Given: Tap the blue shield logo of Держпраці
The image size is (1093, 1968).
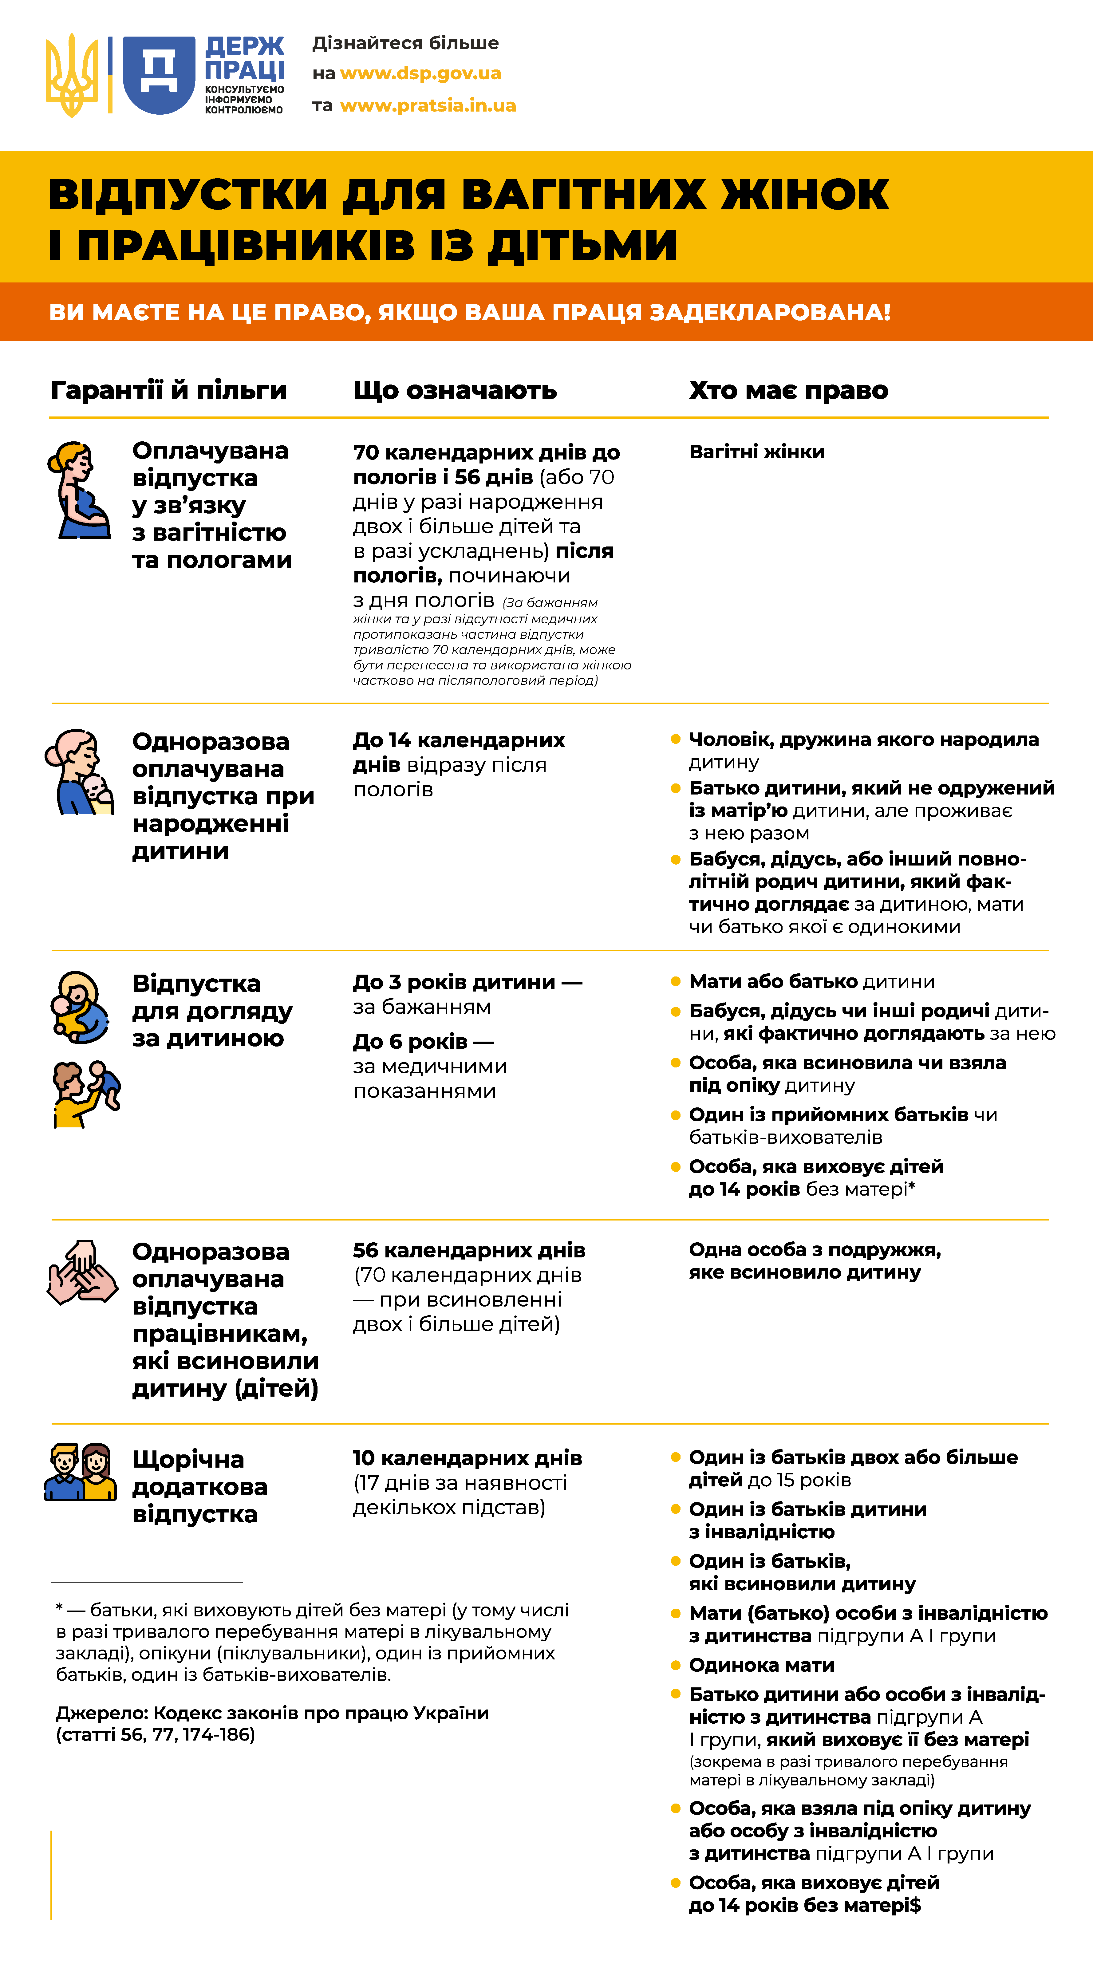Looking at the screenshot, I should pyautogui.click(x=159, y=75).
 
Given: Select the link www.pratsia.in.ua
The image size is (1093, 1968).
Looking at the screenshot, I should pyautogui.click(x=428, y=105).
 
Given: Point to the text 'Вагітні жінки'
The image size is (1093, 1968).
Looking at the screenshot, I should pyautogui.click(x=756, y=452).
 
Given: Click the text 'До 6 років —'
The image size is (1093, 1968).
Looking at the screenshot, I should pyautogui.click(x=423, y=1041).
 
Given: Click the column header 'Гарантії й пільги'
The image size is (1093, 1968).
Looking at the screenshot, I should pyautogui.click(x=169, y=390).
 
